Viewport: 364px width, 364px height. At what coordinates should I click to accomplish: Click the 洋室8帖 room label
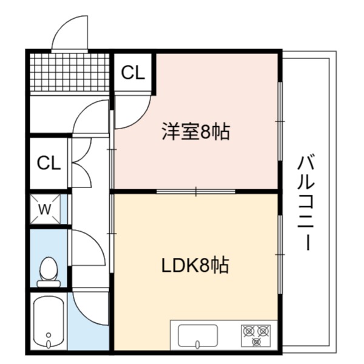click(x=196, y=132)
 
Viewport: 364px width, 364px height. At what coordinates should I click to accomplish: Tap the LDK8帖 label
click(x=195, y=265)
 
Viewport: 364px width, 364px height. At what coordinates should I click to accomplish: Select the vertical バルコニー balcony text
click(x=306, y=204)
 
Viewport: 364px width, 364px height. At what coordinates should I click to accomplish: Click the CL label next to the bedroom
click(x=133, y=73)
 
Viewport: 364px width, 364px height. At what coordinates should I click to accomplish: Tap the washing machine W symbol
click(x=45, y=209)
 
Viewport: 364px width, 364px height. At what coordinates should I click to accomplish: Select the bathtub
click(x=49, y=320)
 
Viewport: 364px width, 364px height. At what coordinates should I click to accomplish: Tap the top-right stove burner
click(x=263, y=331)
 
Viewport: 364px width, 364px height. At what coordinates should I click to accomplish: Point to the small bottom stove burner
click(x=256, y=341)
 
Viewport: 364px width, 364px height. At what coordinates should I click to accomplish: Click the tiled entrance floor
click(x=70, y=72)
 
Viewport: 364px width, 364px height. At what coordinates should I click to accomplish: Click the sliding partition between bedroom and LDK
click(x=196, y=192)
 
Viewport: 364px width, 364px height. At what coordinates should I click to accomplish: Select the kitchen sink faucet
click(x=198, y=344)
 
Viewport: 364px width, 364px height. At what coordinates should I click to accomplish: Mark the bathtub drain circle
click(x=49, y=335)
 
